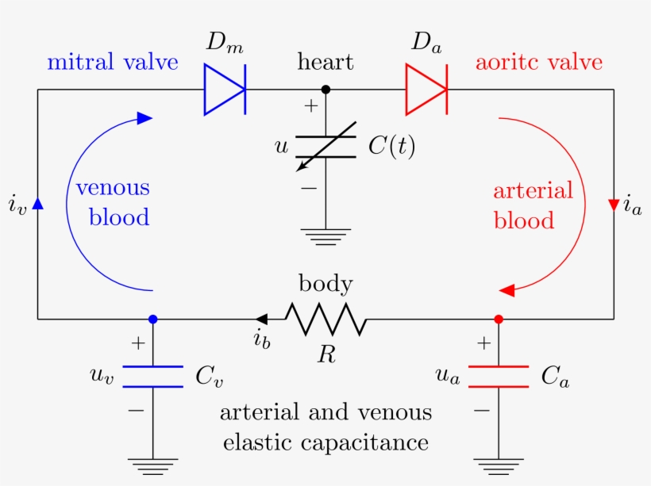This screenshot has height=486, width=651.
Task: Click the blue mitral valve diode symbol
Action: [x=223, y=90]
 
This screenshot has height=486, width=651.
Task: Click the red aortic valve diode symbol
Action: [x=426, y=90]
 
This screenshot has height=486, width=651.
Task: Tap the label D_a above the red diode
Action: [x=427, y=44]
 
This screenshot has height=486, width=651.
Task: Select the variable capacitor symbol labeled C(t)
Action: [x=325, y=147]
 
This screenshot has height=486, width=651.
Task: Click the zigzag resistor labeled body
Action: [x=325, y=320]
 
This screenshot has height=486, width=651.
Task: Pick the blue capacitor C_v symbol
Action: [x=153, y=377]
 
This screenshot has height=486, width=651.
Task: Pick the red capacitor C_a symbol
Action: [x=499, y=377]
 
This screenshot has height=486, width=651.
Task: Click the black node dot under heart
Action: [x=325, y=90]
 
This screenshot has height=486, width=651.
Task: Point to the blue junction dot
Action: [x=153, y=319]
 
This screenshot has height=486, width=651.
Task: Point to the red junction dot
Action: [x=499, y=319]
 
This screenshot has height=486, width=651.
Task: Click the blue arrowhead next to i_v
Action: [x=37, y=204]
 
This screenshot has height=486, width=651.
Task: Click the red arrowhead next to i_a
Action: [x=614, y=205]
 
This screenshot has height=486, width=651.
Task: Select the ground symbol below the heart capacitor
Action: [x=325, y=236]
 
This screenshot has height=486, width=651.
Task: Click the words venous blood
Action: [x=113, y=203]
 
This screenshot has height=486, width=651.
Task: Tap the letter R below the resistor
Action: [x=325, y=354]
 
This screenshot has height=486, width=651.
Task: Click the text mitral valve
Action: [x=113, y=62]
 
